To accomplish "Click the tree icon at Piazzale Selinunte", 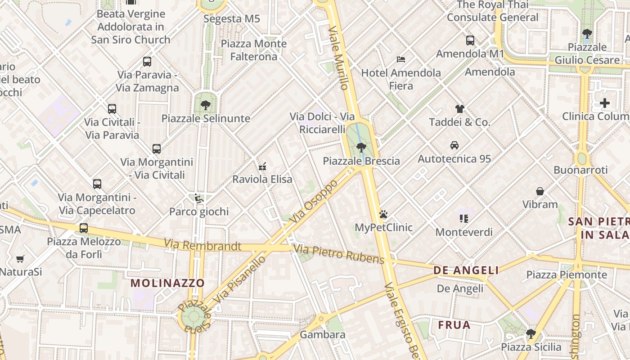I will pos(206,105).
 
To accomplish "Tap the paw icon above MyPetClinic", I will pos(383,214).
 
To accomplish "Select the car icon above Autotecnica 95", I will pos(454,145).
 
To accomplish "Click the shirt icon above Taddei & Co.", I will pos(459,108).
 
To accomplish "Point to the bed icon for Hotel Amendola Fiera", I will pos(401,59).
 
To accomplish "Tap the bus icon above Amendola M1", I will pos(470,40).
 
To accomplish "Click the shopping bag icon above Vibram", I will pos(540,191).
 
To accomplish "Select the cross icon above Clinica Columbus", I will pos(605,103).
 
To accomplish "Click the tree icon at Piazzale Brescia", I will pos(361,147).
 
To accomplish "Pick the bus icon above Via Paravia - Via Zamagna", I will pos(147,62).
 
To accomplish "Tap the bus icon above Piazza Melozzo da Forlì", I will pos(84,228).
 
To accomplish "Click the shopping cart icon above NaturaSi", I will pos(20,259).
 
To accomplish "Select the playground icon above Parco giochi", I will pos(198,198).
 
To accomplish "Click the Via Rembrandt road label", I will pos(202,246).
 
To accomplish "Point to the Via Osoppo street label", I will pos(313,202).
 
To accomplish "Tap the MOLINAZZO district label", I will pos(167,283).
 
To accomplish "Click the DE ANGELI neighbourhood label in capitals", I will pos(466,270).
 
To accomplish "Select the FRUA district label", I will pos(454,325).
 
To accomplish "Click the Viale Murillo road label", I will pos(338,58).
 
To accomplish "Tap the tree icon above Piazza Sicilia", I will pos(531,334).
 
